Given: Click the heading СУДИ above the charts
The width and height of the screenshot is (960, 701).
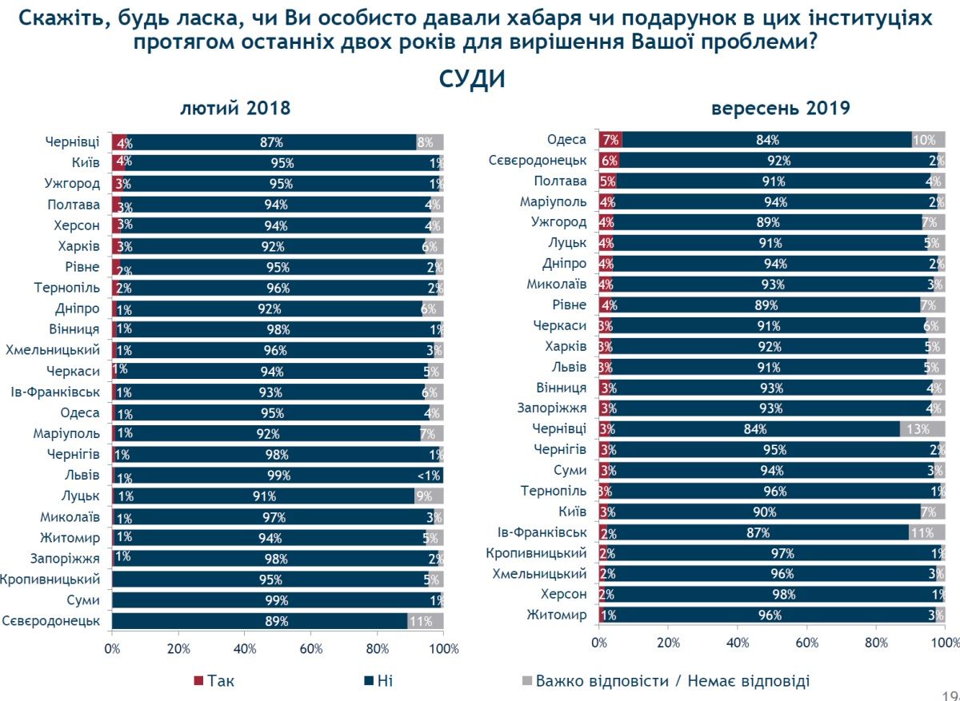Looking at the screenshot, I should (x=472, y=80).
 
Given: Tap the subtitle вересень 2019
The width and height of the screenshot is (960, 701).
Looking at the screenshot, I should (x=780, y=108).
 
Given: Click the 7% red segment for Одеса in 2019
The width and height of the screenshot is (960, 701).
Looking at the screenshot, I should (x=610, y=140).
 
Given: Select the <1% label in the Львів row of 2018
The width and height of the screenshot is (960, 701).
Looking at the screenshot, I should (x=429, y=476).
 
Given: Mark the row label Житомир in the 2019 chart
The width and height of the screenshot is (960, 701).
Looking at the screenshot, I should (x=557, y=615).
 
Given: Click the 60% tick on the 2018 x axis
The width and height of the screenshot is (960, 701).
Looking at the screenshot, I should (x=311, y=649).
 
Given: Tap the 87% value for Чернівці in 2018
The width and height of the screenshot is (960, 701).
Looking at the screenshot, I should (x=271, y=143).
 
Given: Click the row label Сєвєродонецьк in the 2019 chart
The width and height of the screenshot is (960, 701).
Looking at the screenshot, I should (x=538, y=161).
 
